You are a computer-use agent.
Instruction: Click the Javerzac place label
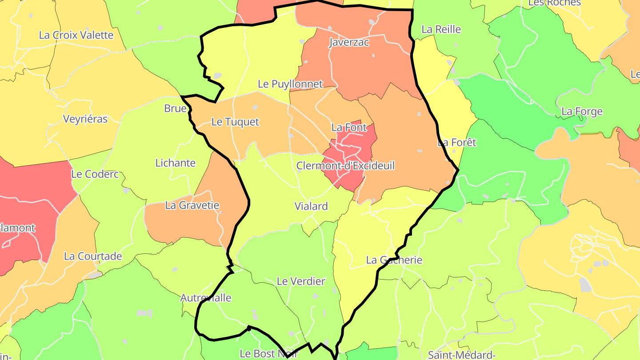[x=349, y=42]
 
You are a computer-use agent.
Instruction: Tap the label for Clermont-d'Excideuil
[x=345, y=166]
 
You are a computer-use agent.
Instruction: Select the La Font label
[x=349, y=128]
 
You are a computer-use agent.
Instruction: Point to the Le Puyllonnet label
[x=290, y=84]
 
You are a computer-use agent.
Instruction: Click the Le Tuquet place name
[x=235, y=122]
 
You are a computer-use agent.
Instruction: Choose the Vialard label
[x=311, y=206]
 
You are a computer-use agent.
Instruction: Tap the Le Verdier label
[x=301, y=281]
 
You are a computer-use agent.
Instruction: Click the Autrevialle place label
[x=206, y=298]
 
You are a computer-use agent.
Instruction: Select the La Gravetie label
[x=192, y=205]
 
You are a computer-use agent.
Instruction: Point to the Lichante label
[x=175, y=163]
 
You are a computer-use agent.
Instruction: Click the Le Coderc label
[x=95, y=174]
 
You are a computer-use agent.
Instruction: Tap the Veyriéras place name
[x=85, y=119]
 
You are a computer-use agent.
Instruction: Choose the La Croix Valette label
[x=76, y=35]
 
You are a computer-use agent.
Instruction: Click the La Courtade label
[x=93, y=256]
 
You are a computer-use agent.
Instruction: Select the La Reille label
[x=441, y=29]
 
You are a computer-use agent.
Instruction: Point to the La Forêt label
[x=456, y=143]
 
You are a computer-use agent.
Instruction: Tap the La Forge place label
[x=582, y=112]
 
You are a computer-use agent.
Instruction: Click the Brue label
[x=175, y=108]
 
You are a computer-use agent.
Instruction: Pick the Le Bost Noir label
[x=268, y=354]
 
